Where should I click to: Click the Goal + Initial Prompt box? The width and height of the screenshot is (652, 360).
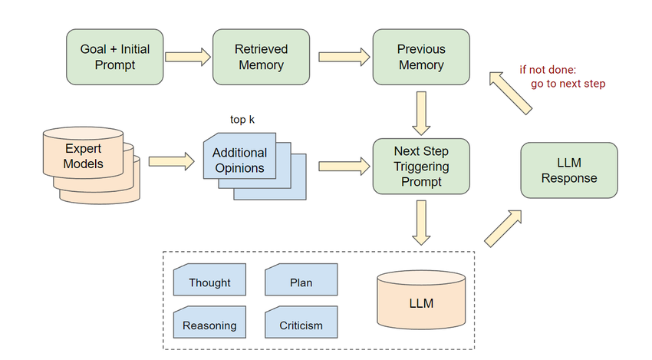pyautogui.click(x=115, y=56)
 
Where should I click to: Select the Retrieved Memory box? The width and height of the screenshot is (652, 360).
pyautogui.click(x=261, y=56)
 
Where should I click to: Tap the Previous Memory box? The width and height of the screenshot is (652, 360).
pyautogui.click(x=420, y=56)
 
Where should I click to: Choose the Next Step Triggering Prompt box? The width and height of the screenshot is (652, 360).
pyautogui.click(x=420, y=165)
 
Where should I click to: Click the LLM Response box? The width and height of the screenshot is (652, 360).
pyautogui.click(x=568, y=170)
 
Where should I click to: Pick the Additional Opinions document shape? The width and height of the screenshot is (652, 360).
pyautogui.click(x=239, y=160)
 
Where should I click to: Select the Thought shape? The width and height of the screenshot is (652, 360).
pyautogui.click(x=209, y=281)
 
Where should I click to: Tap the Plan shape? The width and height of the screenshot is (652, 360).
pyautogui.click(x=301, y=281)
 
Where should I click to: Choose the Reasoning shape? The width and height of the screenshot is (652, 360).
pyautogui.click(x=209, y=324)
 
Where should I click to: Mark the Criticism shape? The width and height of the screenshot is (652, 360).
pyautogui.click(x=301, y=324)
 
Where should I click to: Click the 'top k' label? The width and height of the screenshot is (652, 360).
pyautogui.click(x=243, y=120)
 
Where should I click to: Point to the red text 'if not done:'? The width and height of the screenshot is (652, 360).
pyautogui.click(x=548, y=69)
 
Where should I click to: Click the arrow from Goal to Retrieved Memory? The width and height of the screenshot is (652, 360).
pyautogui.click(x=188, y=56)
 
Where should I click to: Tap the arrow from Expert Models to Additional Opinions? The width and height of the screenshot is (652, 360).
pyautogui.click(x=170, y=161)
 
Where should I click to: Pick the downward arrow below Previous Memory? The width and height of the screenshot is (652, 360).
pyautogui.click(x=420, y=112)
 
